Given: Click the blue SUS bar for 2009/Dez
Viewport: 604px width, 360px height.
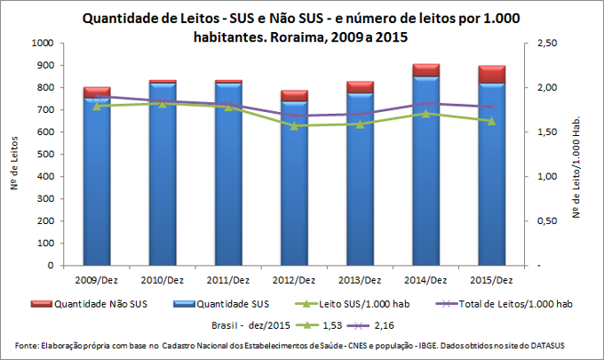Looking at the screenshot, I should point(97,187).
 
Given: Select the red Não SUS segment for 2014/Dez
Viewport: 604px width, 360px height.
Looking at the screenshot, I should point(425,70).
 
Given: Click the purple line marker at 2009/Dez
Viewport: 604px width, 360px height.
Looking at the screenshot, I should point(97,96).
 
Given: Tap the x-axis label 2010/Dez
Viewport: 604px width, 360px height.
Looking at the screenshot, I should point(163,279).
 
